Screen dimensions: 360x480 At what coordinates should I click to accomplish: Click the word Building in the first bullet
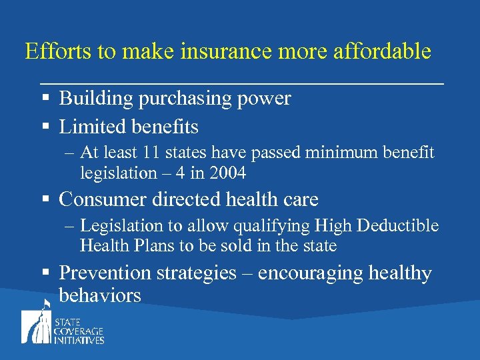click(96, 99)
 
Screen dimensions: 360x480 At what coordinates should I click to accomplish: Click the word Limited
click(89, 126)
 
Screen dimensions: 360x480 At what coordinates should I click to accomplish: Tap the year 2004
click(227, 173)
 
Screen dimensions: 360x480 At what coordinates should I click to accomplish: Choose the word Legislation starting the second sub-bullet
click(122, 226)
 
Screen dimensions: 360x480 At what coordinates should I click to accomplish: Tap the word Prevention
click(105, 273)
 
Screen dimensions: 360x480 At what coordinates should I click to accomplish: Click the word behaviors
click(100, 295)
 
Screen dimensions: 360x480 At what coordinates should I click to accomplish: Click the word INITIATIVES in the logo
click(79, 340)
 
